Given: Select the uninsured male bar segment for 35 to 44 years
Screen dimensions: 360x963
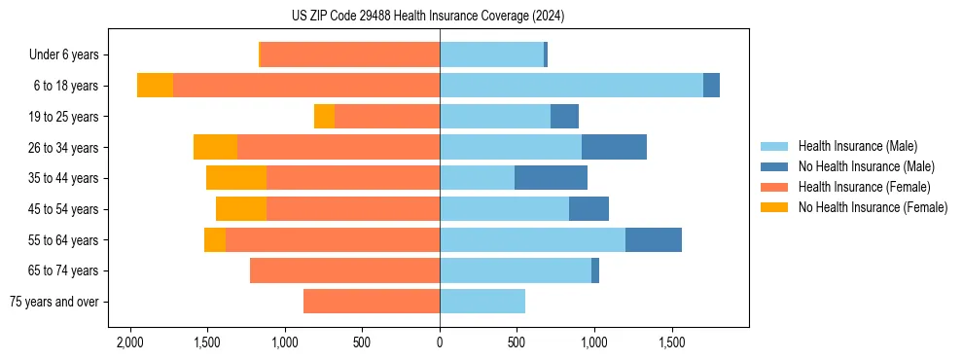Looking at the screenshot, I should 551,178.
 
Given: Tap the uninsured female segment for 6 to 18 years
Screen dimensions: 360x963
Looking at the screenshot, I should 155,86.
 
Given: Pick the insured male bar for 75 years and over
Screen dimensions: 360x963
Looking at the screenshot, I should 482,302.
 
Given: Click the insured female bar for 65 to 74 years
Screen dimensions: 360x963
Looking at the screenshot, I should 344,270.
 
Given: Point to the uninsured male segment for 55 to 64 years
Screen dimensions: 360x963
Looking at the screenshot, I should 653,239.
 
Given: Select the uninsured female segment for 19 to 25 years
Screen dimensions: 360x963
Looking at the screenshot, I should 324,117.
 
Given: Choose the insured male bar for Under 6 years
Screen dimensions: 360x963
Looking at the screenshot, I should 491,54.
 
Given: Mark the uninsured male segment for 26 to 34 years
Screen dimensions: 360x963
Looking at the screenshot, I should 614,147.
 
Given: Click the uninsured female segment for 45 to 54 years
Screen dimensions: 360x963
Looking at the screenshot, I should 241,209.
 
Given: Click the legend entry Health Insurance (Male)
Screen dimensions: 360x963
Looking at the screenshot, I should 857,146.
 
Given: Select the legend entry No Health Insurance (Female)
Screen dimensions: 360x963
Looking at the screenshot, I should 873,207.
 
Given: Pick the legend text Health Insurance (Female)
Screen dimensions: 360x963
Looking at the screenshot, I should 864,187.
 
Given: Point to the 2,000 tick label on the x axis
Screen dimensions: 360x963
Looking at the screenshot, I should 129,343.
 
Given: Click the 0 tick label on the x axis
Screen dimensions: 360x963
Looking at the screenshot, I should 440,343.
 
